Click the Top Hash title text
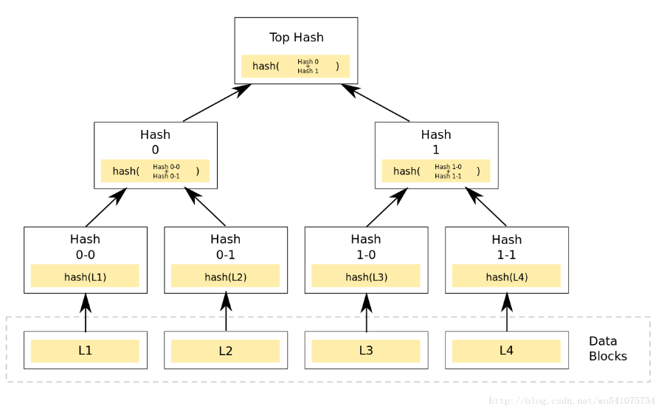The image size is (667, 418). tap(297, 38)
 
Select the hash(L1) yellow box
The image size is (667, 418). tap(85, 275)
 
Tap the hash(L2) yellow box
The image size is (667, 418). tap(226, 275)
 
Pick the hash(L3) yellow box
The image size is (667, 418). tap(366, 275)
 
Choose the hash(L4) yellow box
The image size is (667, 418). tap(506, 275)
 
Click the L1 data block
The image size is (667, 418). tap(86, 350)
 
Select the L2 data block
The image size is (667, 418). tap(226, 350)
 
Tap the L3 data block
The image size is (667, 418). tap(366, 350)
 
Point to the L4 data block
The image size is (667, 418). tap(507, 350)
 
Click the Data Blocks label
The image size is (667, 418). tap(608, 349)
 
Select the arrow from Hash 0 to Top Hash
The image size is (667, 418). tap(218, 103)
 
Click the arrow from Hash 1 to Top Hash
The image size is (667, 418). tap(375, 103)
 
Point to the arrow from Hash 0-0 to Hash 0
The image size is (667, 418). tap(106, 208)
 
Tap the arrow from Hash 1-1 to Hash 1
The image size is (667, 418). tap(485, 207)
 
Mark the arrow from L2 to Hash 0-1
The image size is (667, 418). tap(226, 312)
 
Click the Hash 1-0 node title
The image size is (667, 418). tap(366, 247)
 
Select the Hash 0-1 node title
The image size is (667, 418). tap(226, 247)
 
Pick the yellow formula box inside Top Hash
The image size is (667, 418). tap(296, 66)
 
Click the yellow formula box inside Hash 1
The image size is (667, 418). tap(436, 171)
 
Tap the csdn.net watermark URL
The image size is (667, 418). tap(572, 401)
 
